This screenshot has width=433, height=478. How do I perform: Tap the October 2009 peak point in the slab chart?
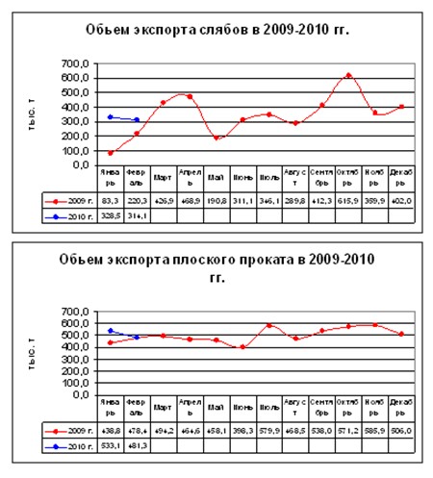(x=348, y=75)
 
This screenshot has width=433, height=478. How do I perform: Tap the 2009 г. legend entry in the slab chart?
(x=67, y=200)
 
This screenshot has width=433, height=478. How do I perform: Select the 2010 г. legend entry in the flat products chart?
(x=67, y=447)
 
